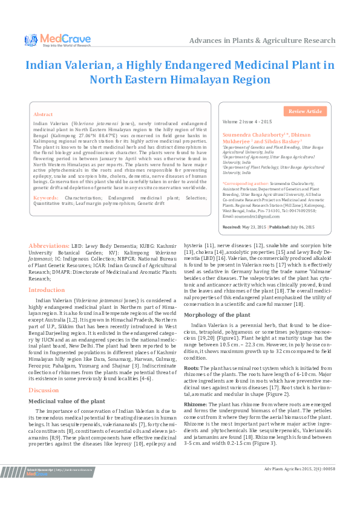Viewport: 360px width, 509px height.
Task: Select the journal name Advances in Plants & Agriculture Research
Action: pyautogui.click(x=262, y=41)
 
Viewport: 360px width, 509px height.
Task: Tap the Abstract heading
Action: pyautogui.click(x=43, y=114)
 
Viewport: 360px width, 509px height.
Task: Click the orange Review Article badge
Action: pyautogui.click(x=305, y=111)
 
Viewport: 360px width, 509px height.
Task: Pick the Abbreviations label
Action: pyautogui.click(x=49, y=263)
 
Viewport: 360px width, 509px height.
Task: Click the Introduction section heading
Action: pyautogui.click(x=47, y=290)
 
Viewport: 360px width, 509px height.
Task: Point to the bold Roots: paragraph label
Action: pyautogui.click(x=191, y=367)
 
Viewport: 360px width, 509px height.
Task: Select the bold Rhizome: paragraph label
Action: pyautogui.click(x=195, y=402)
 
